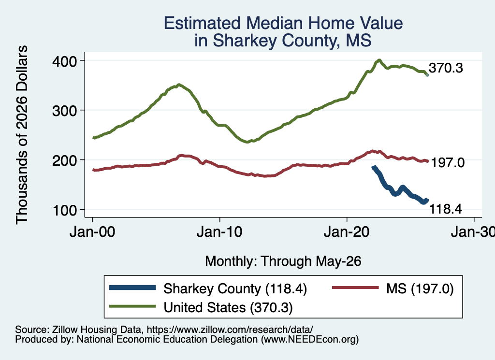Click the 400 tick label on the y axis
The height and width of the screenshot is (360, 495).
[x=65, y=61]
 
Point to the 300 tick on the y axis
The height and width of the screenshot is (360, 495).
[x=65, y=111]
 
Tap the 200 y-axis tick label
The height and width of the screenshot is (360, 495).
[x=65, y=160]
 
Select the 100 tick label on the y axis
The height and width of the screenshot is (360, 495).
[x=65, y=210]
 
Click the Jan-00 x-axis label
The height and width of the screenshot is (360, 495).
[x=92, y=232]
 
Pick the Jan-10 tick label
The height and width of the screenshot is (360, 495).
[x=219, y=232]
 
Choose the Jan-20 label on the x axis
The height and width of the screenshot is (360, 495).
[x=347, y=232]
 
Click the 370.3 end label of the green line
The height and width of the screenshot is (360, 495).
[x=446, y=68]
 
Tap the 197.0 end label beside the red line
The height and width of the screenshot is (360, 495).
[x=448, y=163]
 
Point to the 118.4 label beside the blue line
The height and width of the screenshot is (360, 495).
[x=446, y=209]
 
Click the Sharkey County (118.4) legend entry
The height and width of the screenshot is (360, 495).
[x=235, y=288]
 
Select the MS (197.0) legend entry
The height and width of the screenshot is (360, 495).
[x=420, y=288]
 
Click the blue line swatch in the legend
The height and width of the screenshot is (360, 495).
[x=132, y=288]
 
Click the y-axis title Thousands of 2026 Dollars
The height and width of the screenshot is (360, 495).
[x=22, y=135]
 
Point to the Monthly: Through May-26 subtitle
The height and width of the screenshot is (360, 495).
[x=283, y=261]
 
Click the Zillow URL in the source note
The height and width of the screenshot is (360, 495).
[x=230, y=330]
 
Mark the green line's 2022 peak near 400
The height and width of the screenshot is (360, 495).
[x=379, y=60]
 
